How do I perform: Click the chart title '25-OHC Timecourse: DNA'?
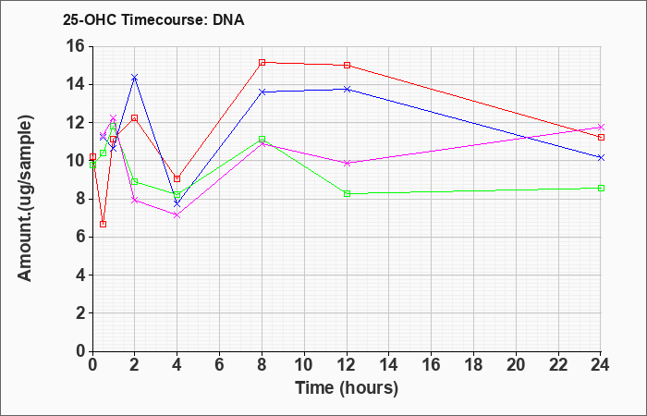(153, 19)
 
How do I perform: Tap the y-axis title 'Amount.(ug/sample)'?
(25, 199)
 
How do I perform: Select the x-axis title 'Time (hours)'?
(347, 388)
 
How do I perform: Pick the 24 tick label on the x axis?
(601, 365)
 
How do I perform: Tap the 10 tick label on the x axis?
(304, 365)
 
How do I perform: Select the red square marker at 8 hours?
(262, 62)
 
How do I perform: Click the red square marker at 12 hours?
(347, 65)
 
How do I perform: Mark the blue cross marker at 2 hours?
(134, 77)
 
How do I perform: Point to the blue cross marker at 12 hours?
(347, 89)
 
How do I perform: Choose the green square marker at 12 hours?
(347, 193)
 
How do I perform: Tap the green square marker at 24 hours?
(601, 188)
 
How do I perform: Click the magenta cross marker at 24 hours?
(601, 128)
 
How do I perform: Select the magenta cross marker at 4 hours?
(177, 215)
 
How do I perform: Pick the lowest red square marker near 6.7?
(104, 224)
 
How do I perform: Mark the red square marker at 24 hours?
(601, 137)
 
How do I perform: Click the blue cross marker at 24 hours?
(601, 158)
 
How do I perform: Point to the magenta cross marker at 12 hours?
(347, 163)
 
